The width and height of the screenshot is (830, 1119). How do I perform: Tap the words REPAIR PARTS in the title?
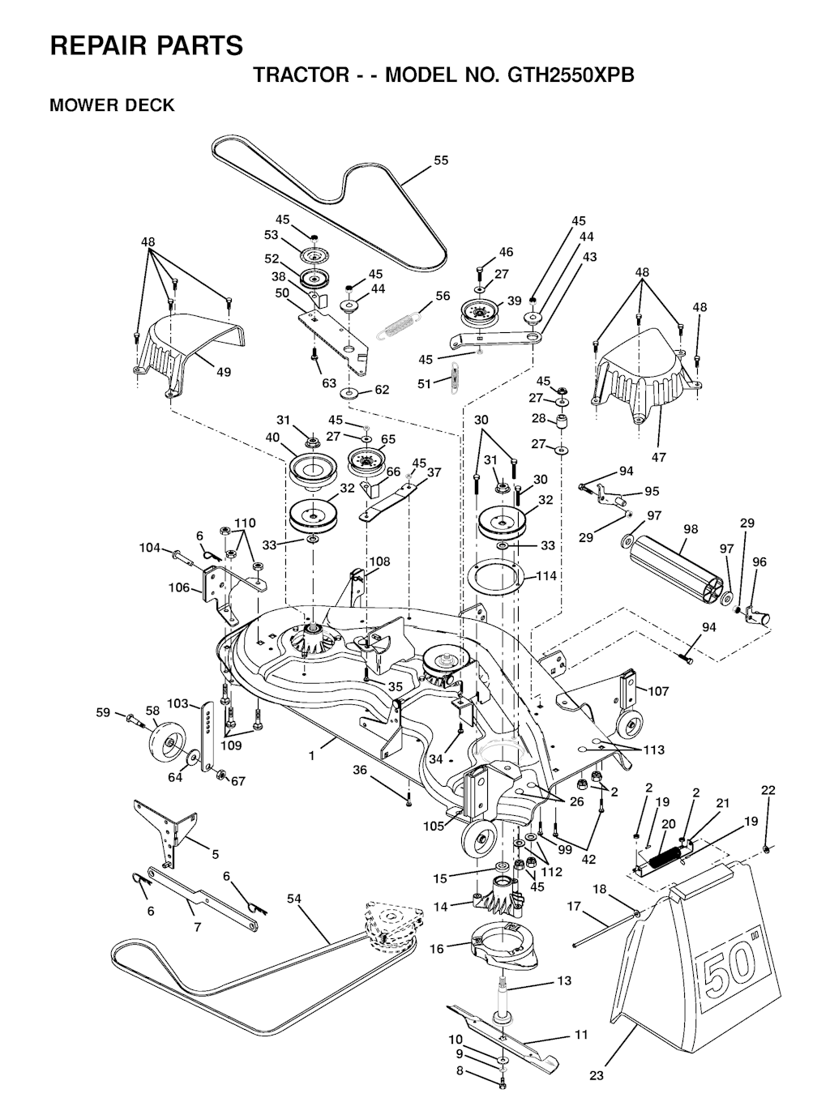[147, 45]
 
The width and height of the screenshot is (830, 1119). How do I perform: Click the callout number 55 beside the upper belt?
[441, 160]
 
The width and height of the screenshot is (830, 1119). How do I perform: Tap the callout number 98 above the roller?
[691, 529]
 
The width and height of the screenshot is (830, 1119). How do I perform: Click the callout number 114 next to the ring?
[545, 575]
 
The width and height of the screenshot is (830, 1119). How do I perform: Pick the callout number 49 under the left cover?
[224, 372]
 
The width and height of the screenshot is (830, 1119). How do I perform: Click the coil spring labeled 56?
[400, 324]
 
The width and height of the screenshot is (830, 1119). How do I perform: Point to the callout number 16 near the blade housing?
[436, 949]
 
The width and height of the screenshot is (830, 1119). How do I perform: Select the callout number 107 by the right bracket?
[658, 690]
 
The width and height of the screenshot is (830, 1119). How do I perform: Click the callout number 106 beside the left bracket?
[178, 587]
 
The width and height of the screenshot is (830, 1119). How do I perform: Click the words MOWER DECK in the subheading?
[112, 105]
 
